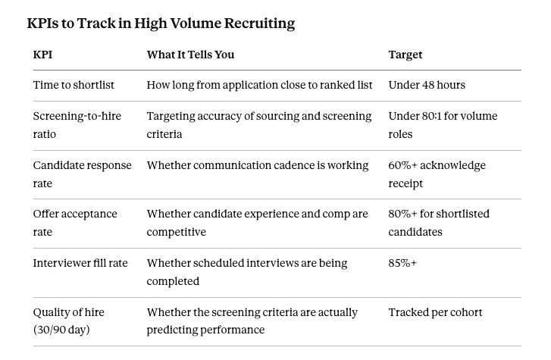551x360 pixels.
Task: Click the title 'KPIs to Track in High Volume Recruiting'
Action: [x=161, y=23]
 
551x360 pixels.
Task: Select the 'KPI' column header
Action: [x=42, y=55]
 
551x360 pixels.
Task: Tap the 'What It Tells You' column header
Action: [x=190, y=55]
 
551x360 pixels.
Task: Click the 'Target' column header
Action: [x=405, y=55]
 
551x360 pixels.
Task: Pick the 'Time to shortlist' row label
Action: [x=74, y=85]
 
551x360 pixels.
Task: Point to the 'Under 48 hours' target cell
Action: [x=427, y=85]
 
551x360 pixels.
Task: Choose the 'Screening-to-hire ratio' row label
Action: [x=77, y=125]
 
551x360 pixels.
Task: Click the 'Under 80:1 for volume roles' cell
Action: [x=443, y=125]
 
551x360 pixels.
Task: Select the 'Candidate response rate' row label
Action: [x=82, y=174]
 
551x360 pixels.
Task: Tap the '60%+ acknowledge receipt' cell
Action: [x=437, y=174]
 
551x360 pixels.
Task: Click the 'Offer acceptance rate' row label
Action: [x=75, y=223]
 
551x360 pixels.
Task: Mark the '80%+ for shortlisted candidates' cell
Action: [x=439, y=223]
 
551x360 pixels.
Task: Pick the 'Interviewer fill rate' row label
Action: [x=80, y=263]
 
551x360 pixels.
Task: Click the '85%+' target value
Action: [x=402, y=263]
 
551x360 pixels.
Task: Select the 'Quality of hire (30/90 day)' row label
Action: [x=68, y=321]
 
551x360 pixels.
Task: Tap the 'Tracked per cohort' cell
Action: [x=435, y=312]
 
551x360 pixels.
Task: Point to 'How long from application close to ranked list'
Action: [x=259, y=85]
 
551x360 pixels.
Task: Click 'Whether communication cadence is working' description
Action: [x=258, y=165]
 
